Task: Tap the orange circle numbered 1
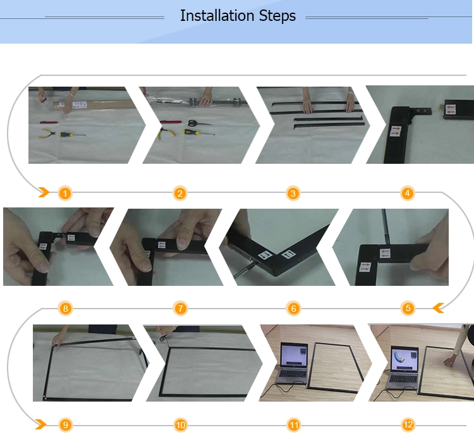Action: (x=65, y=194)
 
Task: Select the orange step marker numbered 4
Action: (x=407, y=193)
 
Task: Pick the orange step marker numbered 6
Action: (x=293, y=309)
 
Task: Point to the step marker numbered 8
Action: (x=66, y=309)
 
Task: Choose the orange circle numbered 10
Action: (x=181, y=425)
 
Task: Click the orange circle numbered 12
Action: (x=408, y=424)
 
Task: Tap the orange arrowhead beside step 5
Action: (x=439, y=308)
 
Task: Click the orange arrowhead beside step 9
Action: (x=41, y=424)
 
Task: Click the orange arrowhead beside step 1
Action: (x=44, y=192)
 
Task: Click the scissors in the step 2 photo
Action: (x=199, y=123)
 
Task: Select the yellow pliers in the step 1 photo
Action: (x=47, y=133)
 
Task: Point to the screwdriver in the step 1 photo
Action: (x=72, y=134)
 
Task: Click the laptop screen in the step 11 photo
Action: (x=294, y=356)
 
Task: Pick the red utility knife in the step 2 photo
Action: (x=171, y=122)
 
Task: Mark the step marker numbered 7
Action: (x=181, y=309)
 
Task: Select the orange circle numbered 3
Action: (x=293, y=194)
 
